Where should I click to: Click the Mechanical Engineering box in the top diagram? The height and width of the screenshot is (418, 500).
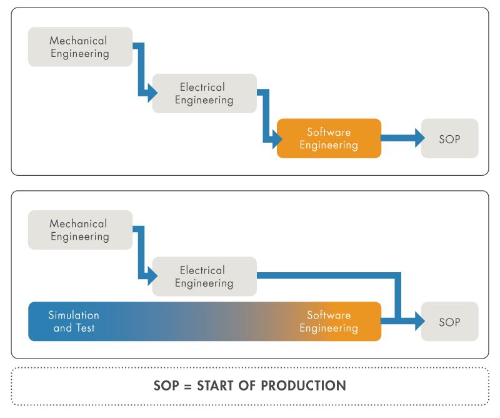point(80,47)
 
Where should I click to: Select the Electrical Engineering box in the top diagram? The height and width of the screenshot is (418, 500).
point(204,93)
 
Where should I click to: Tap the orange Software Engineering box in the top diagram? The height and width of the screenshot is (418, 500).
point(329,138)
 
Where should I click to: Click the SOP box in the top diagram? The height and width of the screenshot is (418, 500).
point(449,138)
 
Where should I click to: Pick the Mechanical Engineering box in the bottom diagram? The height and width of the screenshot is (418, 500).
point(80,230)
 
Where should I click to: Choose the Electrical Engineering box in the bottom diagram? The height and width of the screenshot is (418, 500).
point(204,277)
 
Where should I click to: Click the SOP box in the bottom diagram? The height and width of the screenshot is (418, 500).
point(449,322)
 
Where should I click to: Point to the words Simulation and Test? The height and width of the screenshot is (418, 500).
point(74,322)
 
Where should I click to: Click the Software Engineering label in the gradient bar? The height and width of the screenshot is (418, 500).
point(329,322)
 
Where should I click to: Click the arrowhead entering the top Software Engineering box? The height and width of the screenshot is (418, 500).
point(276,138)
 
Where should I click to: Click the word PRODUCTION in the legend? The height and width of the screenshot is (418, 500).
point(303,385)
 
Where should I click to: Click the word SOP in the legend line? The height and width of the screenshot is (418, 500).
point(166,385)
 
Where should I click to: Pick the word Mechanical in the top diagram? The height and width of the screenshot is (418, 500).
point(79,41)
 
